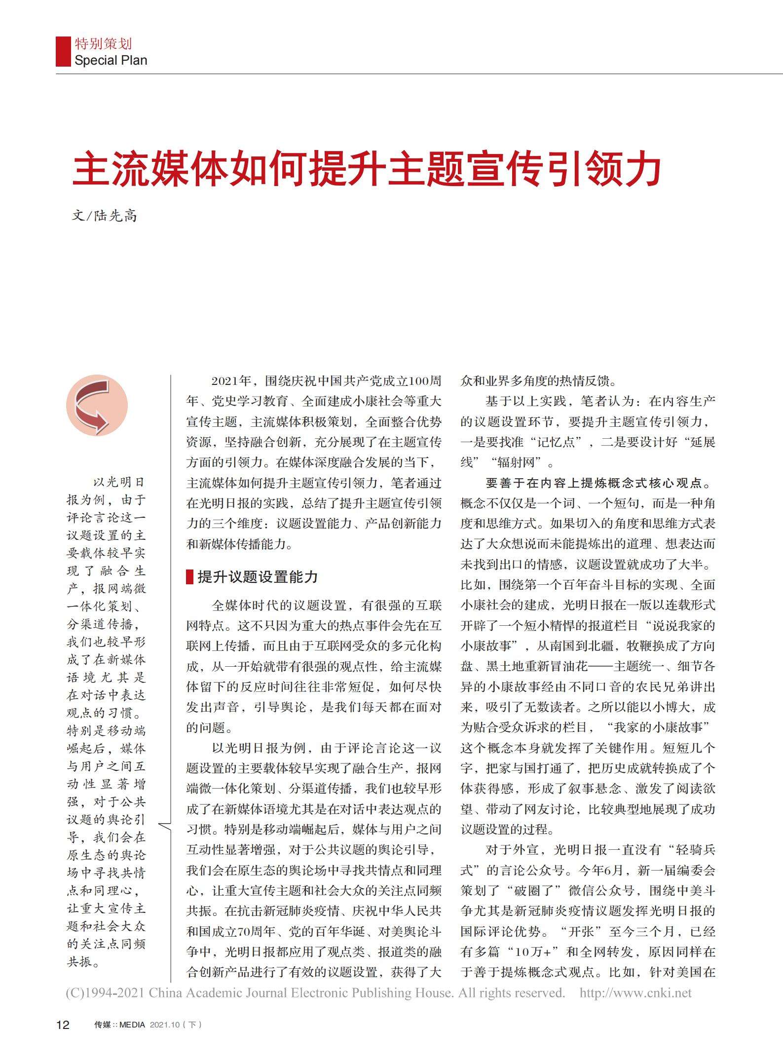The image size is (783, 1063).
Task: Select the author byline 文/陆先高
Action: (x=105, y=216)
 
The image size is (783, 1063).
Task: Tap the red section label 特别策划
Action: (x=103, y=44)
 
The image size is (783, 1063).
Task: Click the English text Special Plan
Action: (x=111, y=61)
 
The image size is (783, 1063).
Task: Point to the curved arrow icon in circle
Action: (x=97, y=406)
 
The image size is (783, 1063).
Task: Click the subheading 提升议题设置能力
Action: (x=258, y=576)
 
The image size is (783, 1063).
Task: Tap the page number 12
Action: (x=63, y=1025)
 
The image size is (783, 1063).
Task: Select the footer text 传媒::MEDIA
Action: (x=119, y=1025)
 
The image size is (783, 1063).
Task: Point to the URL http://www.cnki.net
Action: (x=635, y=993)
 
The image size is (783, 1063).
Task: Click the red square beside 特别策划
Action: (x=63, y=51)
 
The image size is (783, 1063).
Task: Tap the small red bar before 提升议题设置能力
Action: (x=189, y=576)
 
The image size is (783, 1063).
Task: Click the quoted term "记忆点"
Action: (x=556, y=442)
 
